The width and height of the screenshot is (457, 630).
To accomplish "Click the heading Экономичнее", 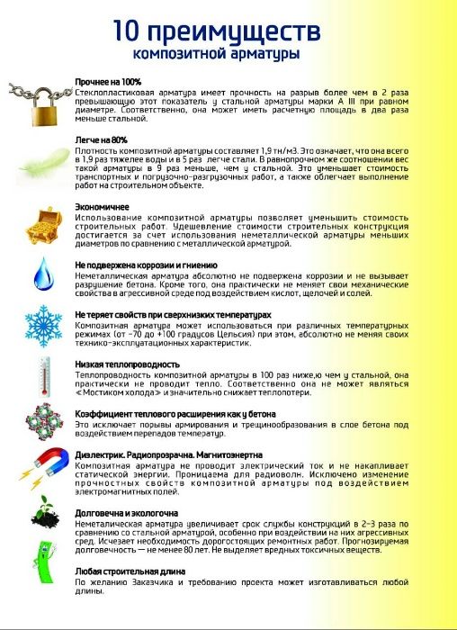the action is click(102, 206).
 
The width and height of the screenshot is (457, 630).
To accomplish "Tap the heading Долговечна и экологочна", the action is click(126, 512).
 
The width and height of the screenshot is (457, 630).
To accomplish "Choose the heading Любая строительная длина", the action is click(126, 571).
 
